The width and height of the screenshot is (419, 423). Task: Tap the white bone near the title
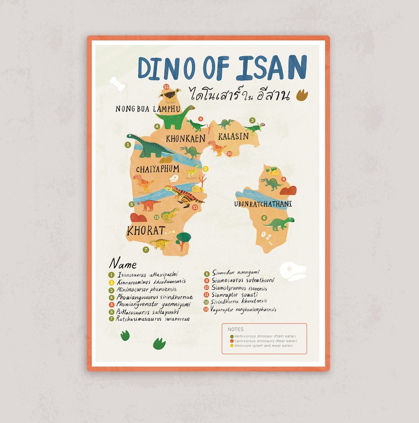pos(117,83)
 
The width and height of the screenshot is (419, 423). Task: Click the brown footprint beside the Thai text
pos(302,95)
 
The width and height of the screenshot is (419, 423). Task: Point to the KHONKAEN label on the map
pos(185,139)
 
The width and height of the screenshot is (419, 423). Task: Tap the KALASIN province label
pos(233,136)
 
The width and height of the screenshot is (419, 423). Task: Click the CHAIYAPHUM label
pos(157,169)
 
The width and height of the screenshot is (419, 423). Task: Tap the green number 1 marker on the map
pos(128,144)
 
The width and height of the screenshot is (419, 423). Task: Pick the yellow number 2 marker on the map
pos(206,169)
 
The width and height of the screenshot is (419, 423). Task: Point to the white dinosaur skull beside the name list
pos(293,271)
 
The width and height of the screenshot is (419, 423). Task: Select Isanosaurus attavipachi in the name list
pos(148,275)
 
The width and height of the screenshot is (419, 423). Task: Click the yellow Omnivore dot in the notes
pos(231,345)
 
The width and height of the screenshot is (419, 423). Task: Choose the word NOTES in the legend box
pos(235,329)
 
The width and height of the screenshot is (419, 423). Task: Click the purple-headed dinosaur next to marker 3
pos(254,127)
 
